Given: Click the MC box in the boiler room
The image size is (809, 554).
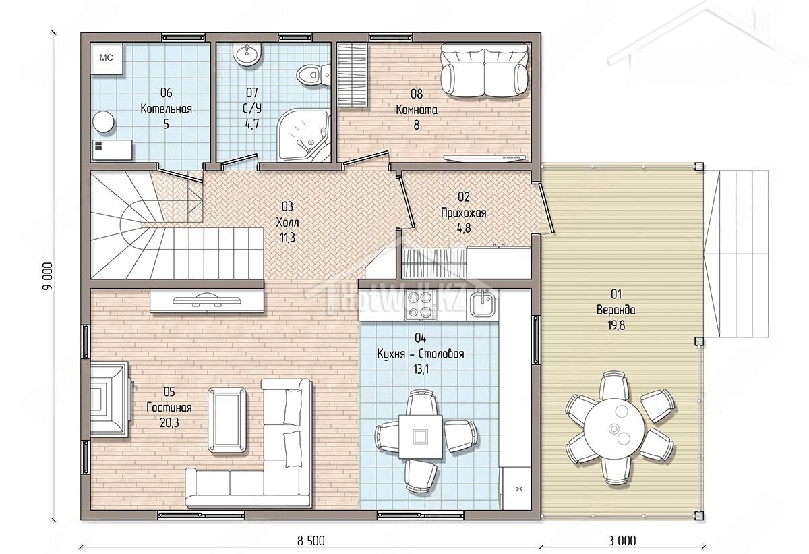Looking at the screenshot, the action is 107,59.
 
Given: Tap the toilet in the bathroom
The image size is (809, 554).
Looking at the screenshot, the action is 313,75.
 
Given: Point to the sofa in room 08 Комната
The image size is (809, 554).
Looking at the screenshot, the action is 484,71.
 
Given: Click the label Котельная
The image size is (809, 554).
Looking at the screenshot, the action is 166,109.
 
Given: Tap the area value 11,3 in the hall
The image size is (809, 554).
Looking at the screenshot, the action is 287,238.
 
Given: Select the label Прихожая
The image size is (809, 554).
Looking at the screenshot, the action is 463,213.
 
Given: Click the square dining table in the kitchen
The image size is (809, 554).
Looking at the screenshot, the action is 421,436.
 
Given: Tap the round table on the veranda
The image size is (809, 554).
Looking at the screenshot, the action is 614,429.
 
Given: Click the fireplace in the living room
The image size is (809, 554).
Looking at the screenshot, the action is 109,399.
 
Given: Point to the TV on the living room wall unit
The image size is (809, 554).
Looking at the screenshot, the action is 206,301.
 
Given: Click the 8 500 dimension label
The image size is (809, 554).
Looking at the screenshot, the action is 311,541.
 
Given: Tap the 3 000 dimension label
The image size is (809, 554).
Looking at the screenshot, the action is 622,541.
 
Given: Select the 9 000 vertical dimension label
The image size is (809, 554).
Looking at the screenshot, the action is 47,276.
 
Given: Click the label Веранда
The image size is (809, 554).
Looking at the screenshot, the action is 616,310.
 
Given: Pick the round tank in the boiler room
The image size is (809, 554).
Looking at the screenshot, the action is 104,122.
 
